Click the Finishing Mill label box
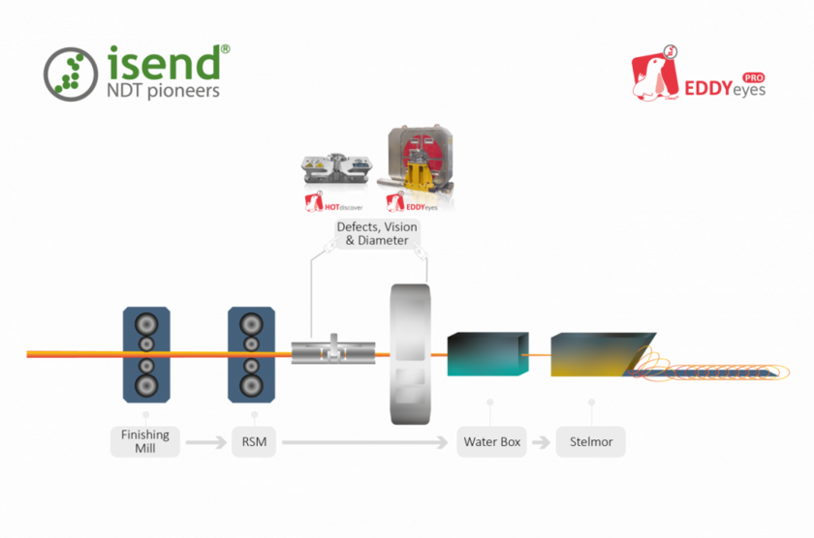[x=145, y=441]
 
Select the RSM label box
[x=254, y=441]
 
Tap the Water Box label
[x=491, y=441]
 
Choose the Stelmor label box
[x=591, y=441]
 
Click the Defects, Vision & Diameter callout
[x=377, y=234]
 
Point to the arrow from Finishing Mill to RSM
[x=206, y=442]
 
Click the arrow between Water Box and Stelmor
[x=541, y=442]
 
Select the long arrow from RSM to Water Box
[x=365, y=442]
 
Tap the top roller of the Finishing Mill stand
[x=146, y=324]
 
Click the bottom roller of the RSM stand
[x=251, y=386]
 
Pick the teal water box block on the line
[x=488, y=354]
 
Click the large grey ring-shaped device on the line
[x=410, y=354]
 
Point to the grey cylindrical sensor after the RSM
[x=333, y=351]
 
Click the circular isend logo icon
[x=71, y=75]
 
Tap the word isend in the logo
[x=164, y=63]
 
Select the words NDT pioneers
[x=163, y=91]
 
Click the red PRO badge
[x=753, y=77]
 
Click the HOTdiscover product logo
[x=333, y=202]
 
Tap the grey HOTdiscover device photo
[x=337, y=168]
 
